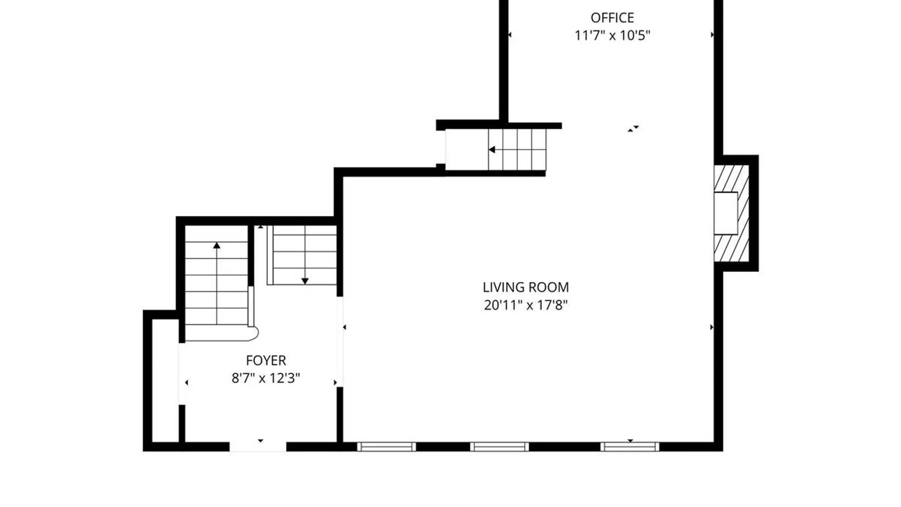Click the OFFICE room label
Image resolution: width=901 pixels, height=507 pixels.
pos(612,18)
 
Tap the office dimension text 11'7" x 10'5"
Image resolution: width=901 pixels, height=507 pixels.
pos(612,35)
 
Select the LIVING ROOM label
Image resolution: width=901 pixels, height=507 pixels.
pos(526,287)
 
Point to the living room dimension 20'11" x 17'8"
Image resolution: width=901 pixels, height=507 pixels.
pos(526,305)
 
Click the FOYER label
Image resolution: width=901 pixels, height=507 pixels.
pos(266,361)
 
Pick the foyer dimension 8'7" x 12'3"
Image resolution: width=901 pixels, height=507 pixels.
pos(266,378)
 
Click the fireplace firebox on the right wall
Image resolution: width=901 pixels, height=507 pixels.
pos(725,213)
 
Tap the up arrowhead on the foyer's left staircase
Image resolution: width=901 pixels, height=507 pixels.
pos(216,246)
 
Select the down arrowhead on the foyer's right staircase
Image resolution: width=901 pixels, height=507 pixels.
pos(305,281)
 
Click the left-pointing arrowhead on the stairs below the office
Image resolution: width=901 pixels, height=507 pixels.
pos(492,150)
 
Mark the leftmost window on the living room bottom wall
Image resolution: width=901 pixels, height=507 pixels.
pos(386,447)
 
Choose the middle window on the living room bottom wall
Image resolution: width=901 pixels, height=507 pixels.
pos(499,447)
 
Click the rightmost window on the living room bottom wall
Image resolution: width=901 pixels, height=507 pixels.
pos(629,447)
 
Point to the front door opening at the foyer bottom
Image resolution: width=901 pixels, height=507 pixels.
pos(258,447)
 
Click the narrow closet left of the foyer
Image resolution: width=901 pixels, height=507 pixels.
pos(165,381)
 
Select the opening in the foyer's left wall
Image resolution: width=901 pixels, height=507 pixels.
pos(182,374)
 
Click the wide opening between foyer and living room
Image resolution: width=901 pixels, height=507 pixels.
pos(340,342)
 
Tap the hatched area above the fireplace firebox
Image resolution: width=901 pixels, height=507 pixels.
pos(731,178)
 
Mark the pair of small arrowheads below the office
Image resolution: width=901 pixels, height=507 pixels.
pos(633,128)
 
